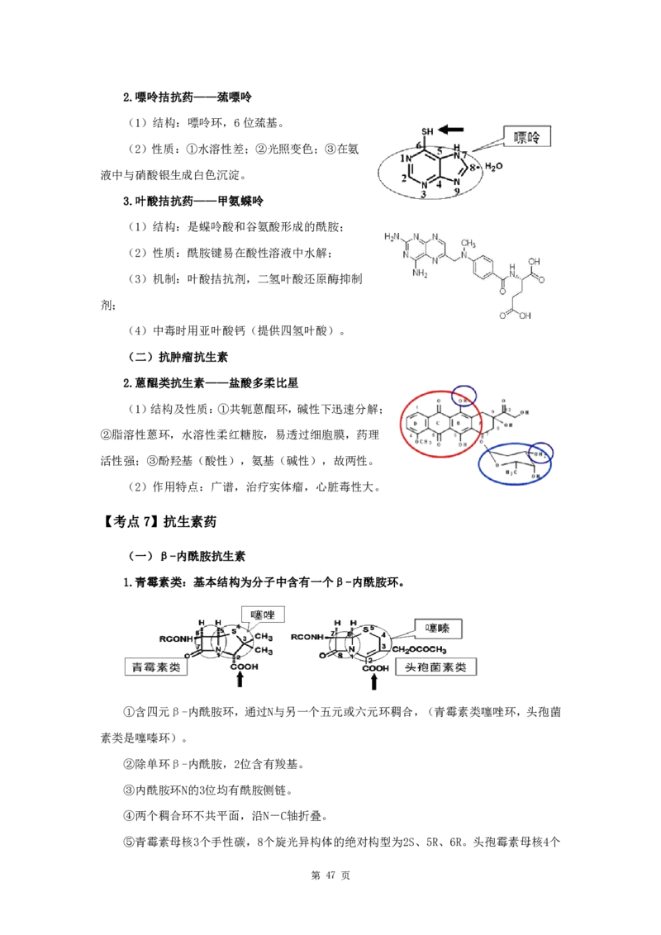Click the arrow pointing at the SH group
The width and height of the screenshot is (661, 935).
coord(454,127)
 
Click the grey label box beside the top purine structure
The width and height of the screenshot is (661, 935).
coord(529,138)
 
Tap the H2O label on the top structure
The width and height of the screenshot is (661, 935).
coord(494,166)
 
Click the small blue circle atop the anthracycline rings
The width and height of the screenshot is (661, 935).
coord(465,396)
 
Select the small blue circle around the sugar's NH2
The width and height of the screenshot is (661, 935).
coord(541,453)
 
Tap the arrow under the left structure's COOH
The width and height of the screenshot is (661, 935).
coord(241,684)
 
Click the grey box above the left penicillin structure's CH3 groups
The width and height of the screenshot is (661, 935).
coord(264,614)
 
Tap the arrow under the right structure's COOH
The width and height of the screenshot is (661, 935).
coord(373,684)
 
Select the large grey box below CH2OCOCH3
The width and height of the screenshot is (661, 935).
coord(438,667)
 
